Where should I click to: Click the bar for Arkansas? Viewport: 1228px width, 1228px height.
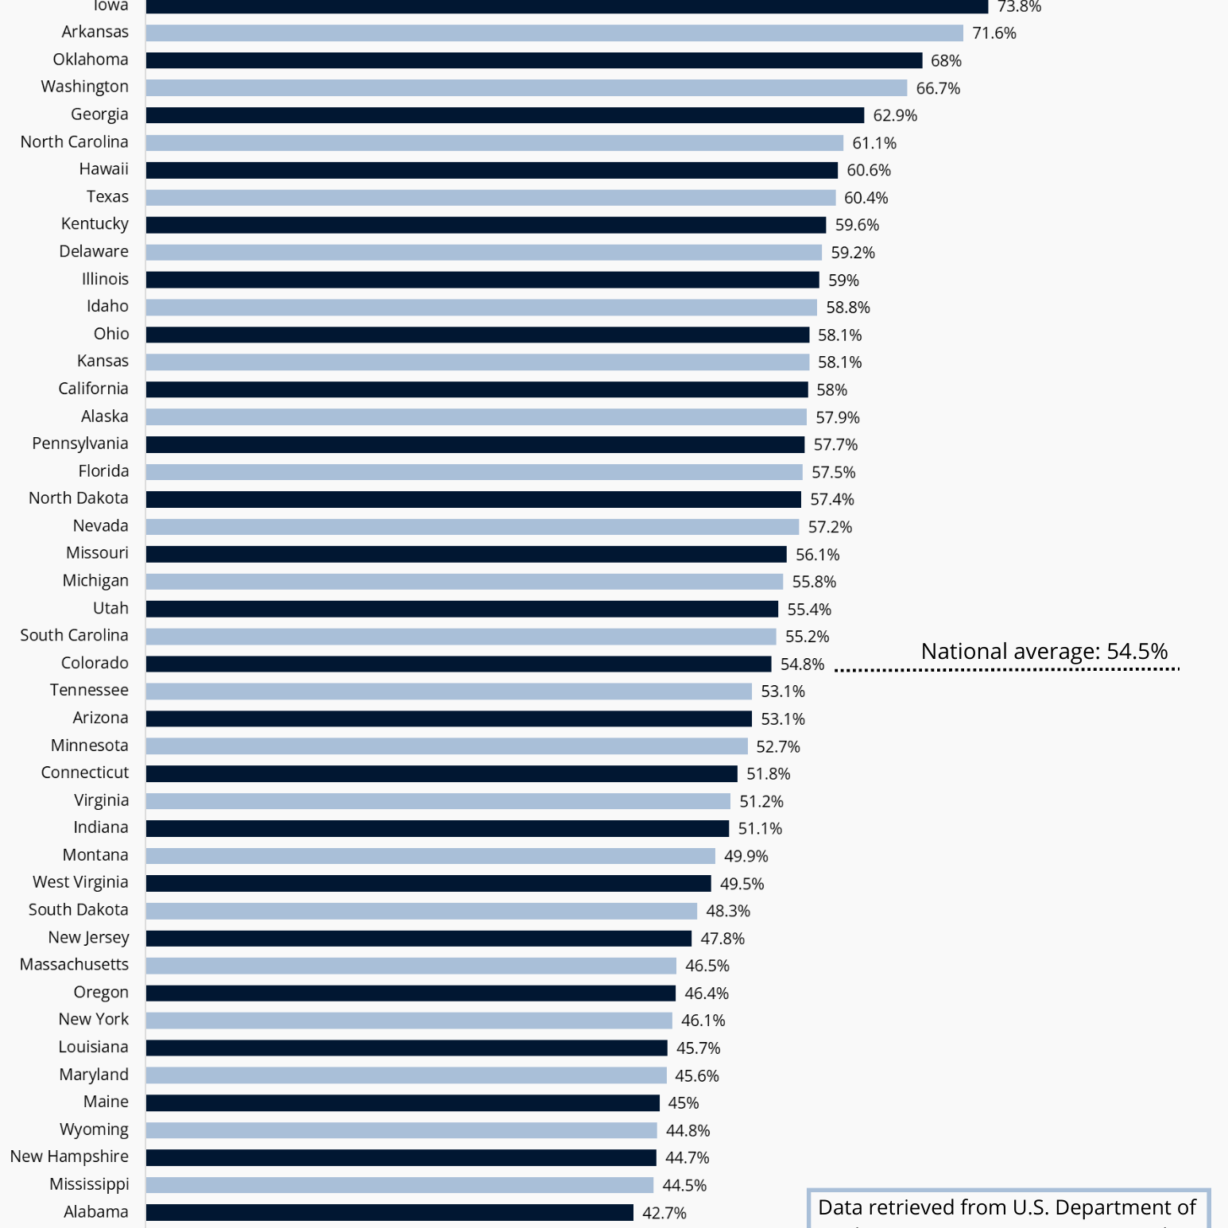point(554,33)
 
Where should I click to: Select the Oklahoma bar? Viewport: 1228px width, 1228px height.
point(534,60)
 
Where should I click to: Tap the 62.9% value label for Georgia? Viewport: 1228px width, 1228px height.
point(895,115)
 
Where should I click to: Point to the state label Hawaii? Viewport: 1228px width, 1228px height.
point(103,169)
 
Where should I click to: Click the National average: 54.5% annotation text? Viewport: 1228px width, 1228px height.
point(1044,651)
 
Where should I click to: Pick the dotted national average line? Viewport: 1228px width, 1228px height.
point(1006,670)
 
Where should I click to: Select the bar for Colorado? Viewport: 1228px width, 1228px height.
point(459,664)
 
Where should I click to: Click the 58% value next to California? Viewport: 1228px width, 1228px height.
point(831,389)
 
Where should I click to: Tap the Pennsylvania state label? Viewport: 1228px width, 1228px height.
point(79,444)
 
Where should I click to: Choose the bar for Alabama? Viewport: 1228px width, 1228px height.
point(389,1212)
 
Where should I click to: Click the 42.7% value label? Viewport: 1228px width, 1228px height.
point(664,1213)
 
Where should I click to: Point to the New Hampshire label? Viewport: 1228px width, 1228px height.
point(69,1156)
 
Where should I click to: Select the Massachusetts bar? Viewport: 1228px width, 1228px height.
point(411,966)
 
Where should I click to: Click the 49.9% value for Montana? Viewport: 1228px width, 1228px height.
point(746,856)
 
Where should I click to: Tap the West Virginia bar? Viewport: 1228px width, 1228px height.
point(428,883)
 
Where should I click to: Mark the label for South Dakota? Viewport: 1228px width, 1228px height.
point(78,910)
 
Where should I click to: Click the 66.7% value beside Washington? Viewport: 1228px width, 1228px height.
point(938,88)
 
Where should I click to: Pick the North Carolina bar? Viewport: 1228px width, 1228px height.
point(494,143)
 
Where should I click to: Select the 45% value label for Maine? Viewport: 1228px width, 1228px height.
point(683,1103)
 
